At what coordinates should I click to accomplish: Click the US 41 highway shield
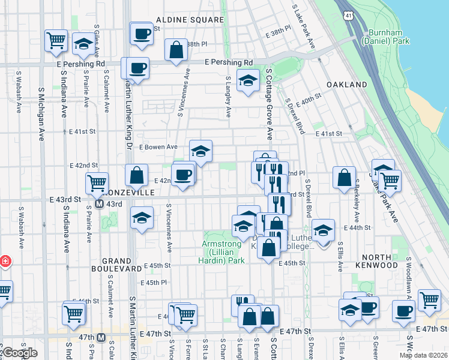click(x=348, y=13)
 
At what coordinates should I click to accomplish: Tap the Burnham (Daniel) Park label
click(x=385, y=35)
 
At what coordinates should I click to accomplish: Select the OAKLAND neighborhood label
click(x=346, y=85)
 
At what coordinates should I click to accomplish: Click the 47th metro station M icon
click(x=101, y=337)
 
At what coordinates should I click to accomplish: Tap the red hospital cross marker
click(x=4, y=262)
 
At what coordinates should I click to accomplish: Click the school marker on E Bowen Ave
click(x=201, y=151)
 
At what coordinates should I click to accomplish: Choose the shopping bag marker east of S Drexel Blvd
click(x=344, y=178)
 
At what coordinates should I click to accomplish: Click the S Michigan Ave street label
click(x=41, y=108)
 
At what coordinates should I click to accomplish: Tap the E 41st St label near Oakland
click(x=328, y=133)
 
